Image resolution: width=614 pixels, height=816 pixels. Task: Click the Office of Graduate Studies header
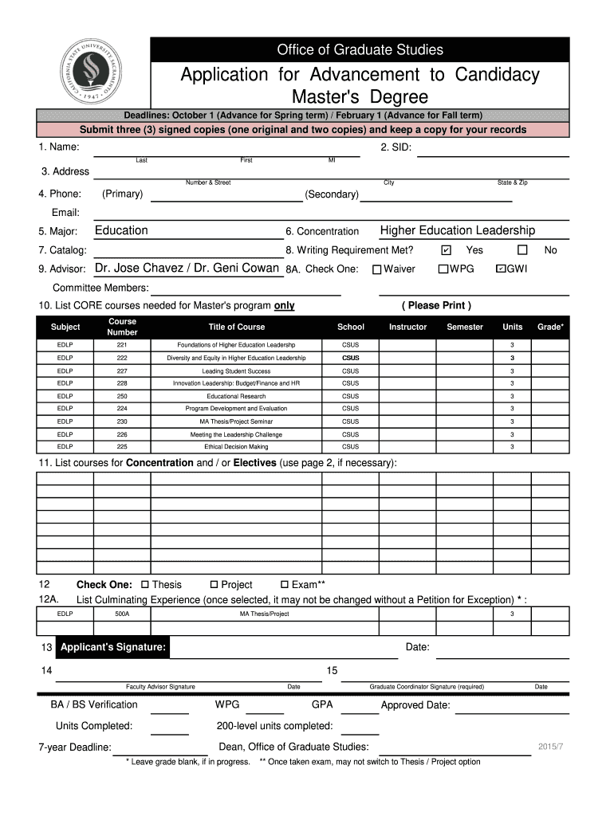click(x=360, y=50)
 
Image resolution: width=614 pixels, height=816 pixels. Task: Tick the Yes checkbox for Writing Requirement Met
click(x=446, y=250)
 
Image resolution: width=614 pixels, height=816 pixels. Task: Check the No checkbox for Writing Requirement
click(x=523, y=250)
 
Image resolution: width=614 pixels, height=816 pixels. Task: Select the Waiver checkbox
click(x=377, y=269)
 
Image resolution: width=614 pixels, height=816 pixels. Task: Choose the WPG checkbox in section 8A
click(x=443, y=269)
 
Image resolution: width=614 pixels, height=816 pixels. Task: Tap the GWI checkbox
click(x=501, y=269)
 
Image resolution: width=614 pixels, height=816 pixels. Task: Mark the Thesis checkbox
click(x=144, y=585)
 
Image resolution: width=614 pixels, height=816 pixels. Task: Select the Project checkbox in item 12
click(x=214, y=585)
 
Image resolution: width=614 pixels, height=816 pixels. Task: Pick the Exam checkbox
click(x=285, y=585)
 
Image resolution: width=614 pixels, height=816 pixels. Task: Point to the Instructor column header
click(x=407, y=327)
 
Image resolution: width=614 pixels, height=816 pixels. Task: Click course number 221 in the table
click(x=122, y=345)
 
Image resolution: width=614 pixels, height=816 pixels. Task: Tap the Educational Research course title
click(x=236, y=396)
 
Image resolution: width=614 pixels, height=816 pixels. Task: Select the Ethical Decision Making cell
click(x=236, y=447)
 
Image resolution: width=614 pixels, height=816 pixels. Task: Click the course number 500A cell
click(x=122, y=614)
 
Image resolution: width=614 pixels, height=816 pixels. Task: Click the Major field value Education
click(x=121, y=231)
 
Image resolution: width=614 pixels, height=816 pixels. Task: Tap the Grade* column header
click(x=550, y=327)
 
